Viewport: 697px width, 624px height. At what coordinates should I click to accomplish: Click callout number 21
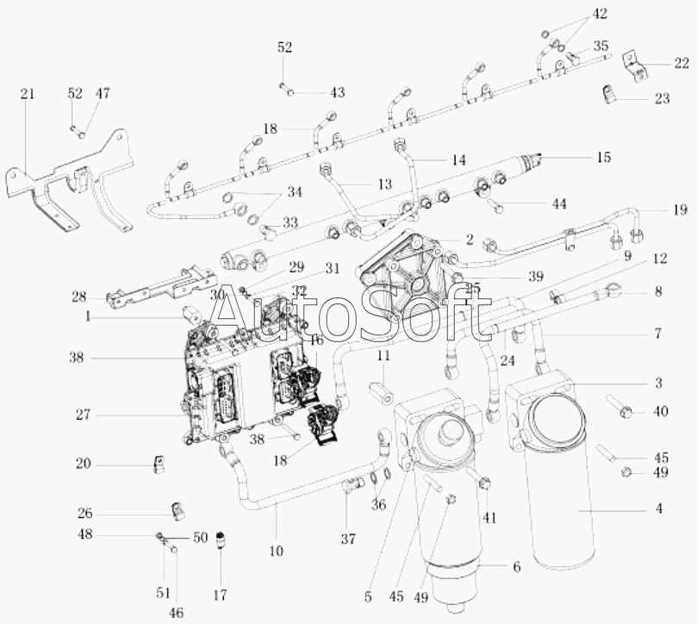pyautogui.click(x=28, y=94)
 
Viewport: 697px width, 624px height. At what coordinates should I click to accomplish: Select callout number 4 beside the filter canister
pyautogui.click(x=658, y=509)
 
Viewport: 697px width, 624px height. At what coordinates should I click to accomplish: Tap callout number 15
pyautogui.click(x=602, y=158)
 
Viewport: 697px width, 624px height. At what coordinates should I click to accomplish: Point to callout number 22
pyautogui.click(x=681, y=62)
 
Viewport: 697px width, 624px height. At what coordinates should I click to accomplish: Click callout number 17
pyautogui.click(x=221, y=595)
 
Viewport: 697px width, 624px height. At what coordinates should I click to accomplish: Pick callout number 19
pyautogui.click(x=681, y=210)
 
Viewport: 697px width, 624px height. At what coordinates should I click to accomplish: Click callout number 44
pyautogui.click(x=559, y=203)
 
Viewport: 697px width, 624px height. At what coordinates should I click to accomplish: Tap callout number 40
pyautogui.click(x=661, y=412)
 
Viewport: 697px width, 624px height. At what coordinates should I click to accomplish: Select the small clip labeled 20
pyautogui.click(x=160, y=465)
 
